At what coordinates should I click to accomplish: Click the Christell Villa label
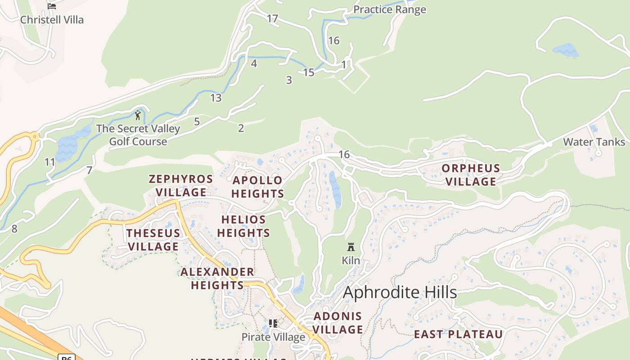tap(52, 20)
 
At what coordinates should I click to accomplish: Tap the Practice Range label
tap(389, 9)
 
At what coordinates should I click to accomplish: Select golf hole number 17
tap(272, 18)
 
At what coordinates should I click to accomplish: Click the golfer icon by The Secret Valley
tap(138, 115)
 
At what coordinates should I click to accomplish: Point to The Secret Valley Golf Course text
tap(138, 135)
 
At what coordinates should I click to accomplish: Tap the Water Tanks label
tap(594, 142)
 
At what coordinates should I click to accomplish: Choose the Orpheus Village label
tap(471, 175)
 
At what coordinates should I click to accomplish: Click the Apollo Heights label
tap(258, 187)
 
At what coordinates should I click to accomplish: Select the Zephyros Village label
tap(181, 185)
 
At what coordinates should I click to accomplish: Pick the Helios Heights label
tap(243, 226)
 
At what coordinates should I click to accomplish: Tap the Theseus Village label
tap(153, 240)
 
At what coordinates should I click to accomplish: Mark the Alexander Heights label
tap(217, 279)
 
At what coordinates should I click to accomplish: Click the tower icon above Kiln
tap(351, 247)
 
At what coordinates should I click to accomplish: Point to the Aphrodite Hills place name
tap(400, 292)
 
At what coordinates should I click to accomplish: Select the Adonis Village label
tap(337, 323)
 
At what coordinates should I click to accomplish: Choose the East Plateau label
tap(458, 334)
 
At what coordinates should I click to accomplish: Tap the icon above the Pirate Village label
tap(273, 324)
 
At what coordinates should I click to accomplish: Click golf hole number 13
tap(216, 98)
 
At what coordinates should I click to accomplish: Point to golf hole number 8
tap(14, 229)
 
